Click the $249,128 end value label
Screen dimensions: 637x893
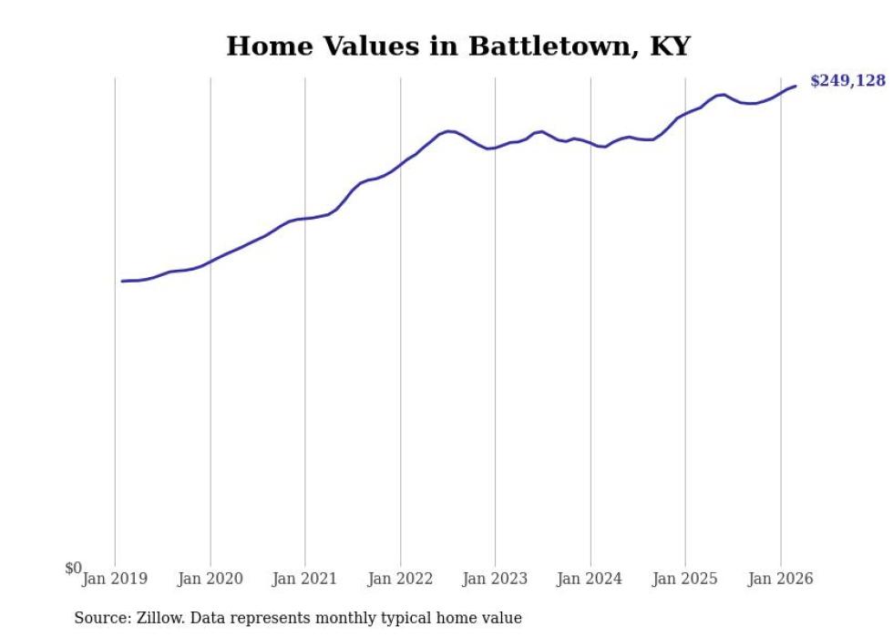click(x=847, y=81)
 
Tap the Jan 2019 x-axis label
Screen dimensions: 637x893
click(x=115, y=578)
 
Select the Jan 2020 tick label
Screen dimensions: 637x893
click(x=210, y=578)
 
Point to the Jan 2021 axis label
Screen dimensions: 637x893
click(x=305, y=578)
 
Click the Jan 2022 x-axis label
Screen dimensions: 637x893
click(x=400, y=578)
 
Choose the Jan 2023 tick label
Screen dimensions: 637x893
click(x=495, y=578)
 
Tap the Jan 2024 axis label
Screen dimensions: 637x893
click(x=590, y=578)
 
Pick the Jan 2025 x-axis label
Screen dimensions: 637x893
click(x=685, y=578)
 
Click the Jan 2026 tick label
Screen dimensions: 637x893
click(x=780, y=578)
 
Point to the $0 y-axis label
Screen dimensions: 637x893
click(x=73, y=568)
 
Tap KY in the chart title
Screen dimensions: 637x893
click(x=670, y=46)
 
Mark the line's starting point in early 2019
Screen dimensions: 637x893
click(x=122, y=281)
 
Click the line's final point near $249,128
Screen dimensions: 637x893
click(x=795, y=87)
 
